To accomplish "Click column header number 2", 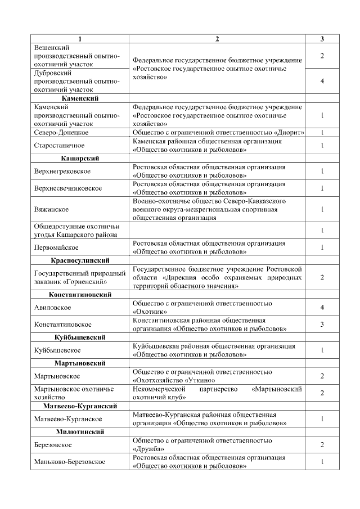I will click(x=217, y=39).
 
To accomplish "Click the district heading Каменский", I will click(x=80, y=98).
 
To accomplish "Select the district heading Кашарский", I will click(x=80, y=159).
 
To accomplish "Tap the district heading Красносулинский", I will click(x=80, y=260).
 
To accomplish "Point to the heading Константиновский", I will click(x=80, y=295).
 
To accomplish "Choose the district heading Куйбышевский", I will click(x=80, y=337).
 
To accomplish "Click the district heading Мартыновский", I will click(x=80, y=363).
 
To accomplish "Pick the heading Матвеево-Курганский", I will click(x=80, y=406).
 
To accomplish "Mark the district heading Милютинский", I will click(x=80, y=431).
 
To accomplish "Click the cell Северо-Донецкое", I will click(x=61, y=132).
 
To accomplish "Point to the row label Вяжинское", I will click(x=51, y=209).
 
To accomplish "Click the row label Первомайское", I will click(x=56, y=247).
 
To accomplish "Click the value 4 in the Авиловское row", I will click(x=322, y=308).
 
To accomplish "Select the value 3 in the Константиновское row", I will click(x=322, y=325).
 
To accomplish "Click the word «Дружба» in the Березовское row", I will click(x=148, y=449).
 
